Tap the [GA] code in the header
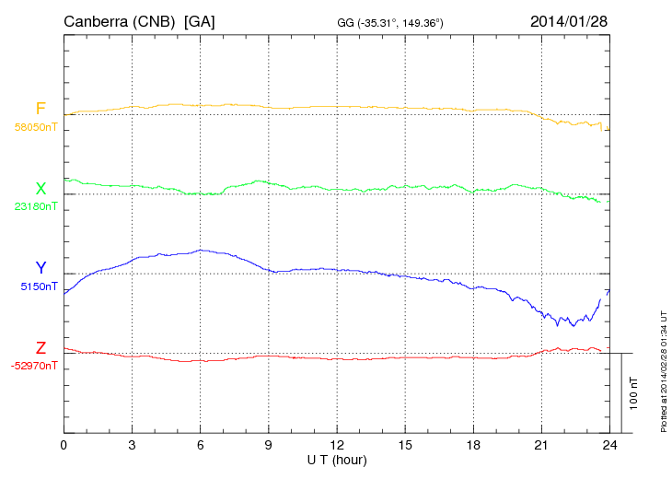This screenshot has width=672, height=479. tap(200, 20)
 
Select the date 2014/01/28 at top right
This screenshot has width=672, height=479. tap(569, 20)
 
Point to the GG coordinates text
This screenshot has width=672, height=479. tap(391, 21)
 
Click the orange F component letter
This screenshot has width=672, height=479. tap(41, 109)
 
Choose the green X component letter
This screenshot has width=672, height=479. tap(41, 189)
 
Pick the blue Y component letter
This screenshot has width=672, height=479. tap(41, 269)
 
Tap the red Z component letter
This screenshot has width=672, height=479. tap(41, 348)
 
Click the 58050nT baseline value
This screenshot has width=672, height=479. tap(35, 127)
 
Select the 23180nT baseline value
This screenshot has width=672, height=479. tap(35, 206)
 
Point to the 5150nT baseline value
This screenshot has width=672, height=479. tap(39, 286)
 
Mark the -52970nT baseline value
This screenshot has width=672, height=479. tap(34, 366)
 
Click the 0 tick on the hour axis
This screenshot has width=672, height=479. tap(64, 445)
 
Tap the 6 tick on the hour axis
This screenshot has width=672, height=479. tap(200, 445)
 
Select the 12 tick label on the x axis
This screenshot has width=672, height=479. tap(336, 445)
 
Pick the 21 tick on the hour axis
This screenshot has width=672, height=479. tap(540, 445)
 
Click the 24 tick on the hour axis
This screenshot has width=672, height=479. tap(608, 445)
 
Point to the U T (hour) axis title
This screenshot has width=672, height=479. tap(336, 459)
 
